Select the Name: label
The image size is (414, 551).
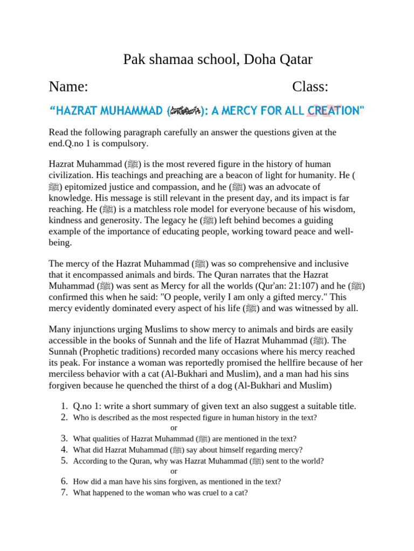(x=68, y=87)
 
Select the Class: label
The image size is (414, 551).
(x=310, y=87)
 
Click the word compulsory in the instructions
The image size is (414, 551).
(x=123, y=144)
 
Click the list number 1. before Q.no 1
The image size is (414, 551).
(x=63, y=406)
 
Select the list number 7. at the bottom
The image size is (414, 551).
(x=63, y=492)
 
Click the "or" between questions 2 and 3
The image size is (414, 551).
(x=174, y=428)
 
